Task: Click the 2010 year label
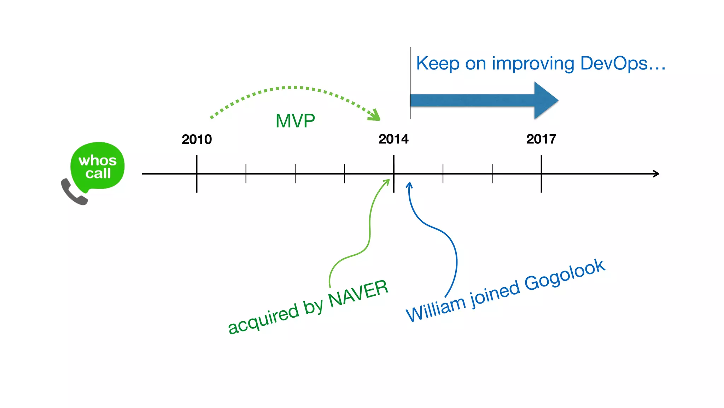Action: click(x=197, y=139)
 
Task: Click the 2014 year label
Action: click(x=393, y=139)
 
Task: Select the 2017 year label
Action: click(x=541, y=139)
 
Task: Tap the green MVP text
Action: click(x=295, y=121)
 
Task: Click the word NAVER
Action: click(x=358, y=293)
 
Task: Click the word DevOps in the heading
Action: click(x=614, y=63)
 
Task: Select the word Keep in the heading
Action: click(x=438, y=64)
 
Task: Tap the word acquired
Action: click(x=263, y=319)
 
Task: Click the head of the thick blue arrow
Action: click(x=545, y=101)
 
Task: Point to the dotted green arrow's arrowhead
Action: click(x=375, y=115)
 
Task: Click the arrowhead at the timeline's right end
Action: click(x=656, y=174)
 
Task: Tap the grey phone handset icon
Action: click(x=73, y=192)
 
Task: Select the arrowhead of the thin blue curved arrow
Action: click(x=409, y=185)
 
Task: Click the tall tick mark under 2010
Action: click(x=197, y=174)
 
